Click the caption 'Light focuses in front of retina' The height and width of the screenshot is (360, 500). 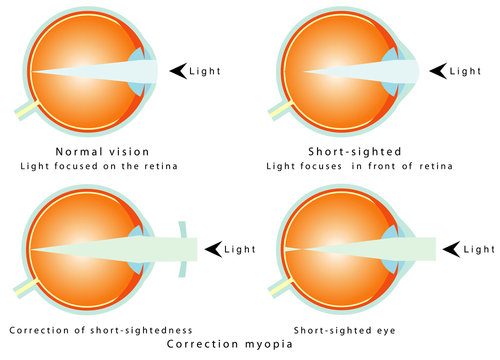(354, 166)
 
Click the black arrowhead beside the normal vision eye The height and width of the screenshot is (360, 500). (178, 71)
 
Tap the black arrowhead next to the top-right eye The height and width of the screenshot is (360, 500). (437, 71)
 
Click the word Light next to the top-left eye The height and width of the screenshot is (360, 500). (206, 71)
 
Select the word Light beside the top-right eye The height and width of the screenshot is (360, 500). (466, 71)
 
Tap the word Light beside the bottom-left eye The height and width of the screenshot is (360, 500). (241, 248)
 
